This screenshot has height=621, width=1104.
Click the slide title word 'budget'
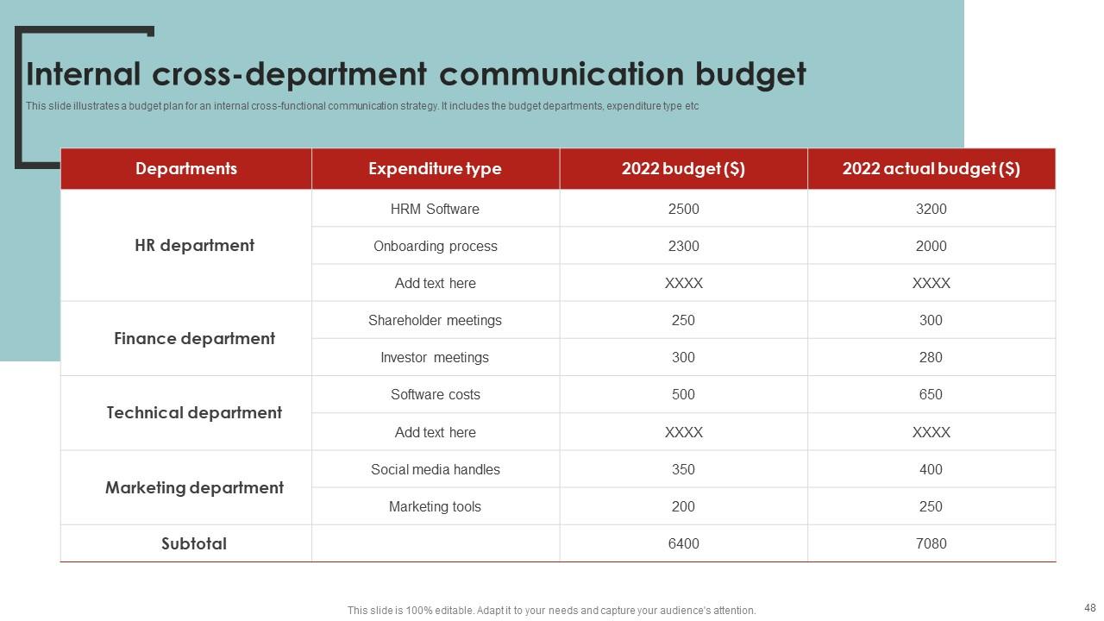[750, 75]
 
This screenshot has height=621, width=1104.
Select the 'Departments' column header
[185, 169]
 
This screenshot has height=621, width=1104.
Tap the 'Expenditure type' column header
[435, 169]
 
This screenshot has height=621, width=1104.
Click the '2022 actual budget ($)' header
[931, 169]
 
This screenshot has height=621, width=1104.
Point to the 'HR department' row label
[194, 246]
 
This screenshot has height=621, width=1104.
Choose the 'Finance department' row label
[194, 339]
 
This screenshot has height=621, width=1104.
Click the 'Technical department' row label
[194, 413]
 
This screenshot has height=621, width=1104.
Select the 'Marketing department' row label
[194, 488]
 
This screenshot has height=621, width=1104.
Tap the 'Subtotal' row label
[194, 544]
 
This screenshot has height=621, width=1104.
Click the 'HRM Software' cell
[435, 210]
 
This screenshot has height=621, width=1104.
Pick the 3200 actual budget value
[931, 210]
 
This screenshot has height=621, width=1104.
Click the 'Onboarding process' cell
[435, 247]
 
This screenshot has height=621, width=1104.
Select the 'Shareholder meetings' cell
[435, 321]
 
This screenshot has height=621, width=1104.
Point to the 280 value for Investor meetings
[931, 358]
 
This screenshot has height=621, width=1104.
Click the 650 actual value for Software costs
[931, 395]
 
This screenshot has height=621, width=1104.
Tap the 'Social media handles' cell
[435, 470]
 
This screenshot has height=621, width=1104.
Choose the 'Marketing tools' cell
[435, 507]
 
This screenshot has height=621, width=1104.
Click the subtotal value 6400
[683, 544]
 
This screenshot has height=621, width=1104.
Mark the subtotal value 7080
[931, 544]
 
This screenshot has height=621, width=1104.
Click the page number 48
[1088, 607]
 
